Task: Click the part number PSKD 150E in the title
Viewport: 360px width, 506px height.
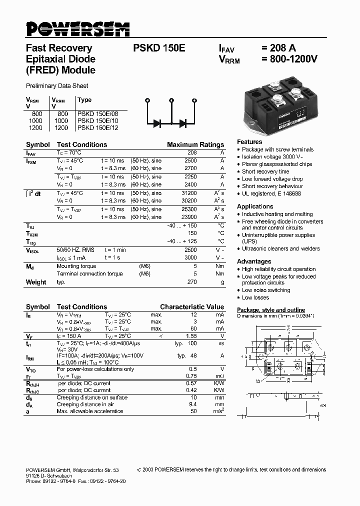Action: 159,48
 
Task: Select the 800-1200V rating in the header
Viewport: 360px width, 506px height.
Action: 289,59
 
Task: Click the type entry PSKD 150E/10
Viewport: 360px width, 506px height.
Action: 98,120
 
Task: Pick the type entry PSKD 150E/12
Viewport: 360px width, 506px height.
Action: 98,127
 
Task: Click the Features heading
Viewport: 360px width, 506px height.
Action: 249,141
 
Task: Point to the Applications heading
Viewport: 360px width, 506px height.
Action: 255,206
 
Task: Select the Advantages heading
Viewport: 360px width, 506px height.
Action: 254,261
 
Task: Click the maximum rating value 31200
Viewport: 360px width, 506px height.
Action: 188,193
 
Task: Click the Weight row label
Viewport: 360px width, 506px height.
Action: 36,282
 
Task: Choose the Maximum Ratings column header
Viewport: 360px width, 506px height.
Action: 195,144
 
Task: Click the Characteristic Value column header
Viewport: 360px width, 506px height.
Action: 192,306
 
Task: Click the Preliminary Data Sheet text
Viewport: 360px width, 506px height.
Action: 57,85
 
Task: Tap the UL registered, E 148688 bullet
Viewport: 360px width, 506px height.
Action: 271,193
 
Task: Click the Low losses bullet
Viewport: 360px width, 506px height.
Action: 255,297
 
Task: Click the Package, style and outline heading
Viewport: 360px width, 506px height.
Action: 270,310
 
